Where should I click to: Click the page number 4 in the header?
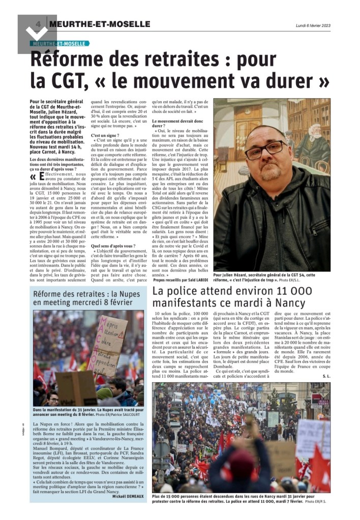[38, 24]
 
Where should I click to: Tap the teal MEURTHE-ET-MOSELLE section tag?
[59, 44]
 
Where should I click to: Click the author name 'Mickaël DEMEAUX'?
[130, 497]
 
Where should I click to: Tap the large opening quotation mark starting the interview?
[34, 177]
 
